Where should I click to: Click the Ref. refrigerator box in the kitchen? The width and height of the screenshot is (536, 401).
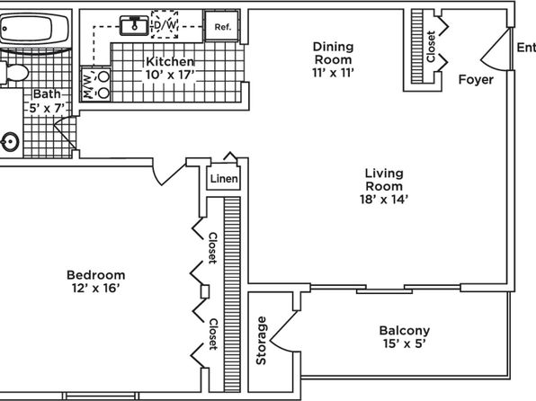point(222,26)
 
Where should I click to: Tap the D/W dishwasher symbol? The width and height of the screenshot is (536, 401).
point(165,24)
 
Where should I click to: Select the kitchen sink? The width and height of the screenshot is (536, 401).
point(134,25)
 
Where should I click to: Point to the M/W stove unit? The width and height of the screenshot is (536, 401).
point(95,84)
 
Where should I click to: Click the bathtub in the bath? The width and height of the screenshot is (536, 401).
point(34,29)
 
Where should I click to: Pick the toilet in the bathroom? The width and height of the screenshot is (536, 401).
point(13,73)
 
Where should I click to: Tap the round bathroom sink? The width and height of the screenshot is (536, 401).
point(10,141)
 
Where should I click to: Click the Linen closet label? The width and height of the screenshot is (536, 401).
point(224,178)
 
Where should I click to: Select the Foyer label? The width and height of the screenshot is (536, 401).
point(476,80)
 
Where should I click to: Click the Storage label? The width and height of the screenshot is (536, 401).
point(261,341)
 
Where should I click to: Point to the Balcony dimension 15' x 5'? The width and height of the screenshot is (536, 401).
point(405,343)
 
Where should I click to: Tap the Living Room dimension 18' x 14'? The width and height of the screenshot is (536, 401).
point(384,199)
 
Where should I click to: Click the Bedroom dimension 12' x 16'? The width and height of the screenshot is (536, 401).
point(95,289)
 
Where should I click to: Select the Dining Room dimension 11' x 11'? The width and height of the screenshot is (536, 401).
point(333,73)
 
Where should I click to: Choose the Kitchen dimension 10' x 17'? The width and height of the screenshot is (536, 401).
point(170,75)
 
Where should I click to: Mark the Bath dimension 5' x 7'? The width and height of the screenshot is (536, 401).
point(47,109)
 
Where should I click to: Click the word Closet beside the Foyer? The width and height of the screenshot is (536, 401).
point(431,47)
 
